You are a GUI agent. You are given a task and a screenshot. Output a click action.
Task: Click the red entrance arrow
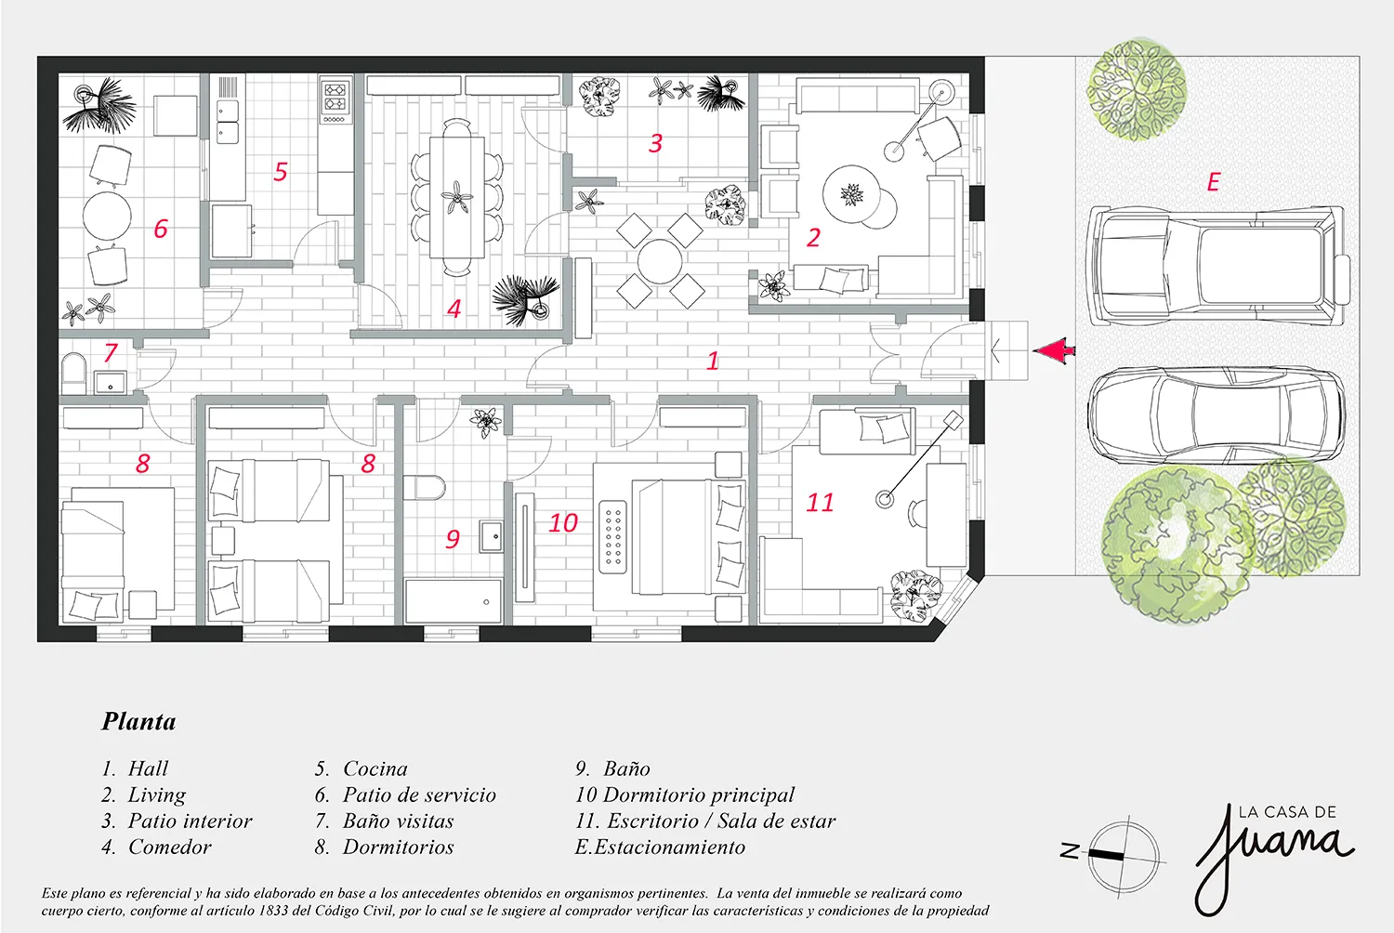pyautogui.click(x=1054, y=349)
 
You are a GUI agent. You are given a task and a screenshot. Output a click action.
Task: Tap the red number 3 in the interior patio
pyautogui.click(x=655, y=143)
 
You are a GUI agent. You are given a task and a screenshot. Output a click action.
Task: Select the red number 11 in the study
pyautogui.click(x=820, y=503)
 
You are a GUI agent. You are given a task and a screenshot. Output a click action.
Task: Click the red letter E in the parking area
pyautogui.click(x=1213, y=182)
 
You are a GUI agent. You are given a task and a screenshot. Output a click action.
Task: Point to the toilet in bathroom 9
pyautogui.click(x=424, y=488)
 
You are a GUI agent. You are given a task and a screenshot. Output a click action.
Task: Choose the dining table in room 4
pyautogui.click(x=457, y=197)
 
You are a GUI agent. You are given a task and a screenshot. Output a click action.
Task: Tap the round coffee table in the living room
pyautogui.click(x=851, y=194)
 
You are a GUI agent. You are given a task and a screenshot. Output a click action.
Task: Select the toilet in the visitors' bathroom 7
pyautogui.click(x=72, y=375)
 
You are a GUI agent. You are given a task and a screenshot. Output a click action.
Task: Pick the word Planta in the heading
pyautogui.click(x=138, y=722)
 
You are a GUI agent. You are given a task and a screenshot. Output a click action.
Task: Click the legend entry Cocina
pyautogui.click(x=375, y=769)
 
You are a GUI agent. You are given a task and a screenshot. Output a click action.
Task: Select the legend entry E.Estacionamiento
pyautogui.click(x=660, y=848)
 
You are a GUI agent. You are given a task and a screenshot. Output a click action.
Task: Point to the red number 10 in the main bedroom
pyautogui.click(x=563, y=523)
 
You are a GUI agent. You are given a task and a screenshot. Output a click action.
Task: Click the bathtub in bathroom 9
pyautogui.click(x=454, y=601)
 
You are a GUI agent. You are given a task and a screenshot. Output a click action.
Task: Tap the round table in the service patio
pyautogui.click(x=107, y=216)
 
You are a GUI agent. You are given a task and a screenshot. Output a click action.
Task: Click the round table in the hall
pyautogui.click(x=660, y=261)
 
